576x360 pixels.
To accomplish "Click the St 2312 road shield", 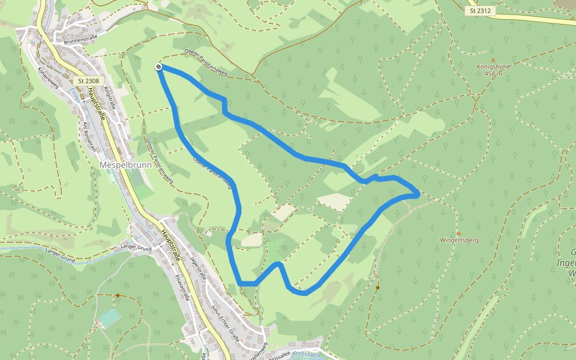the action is [481, 11].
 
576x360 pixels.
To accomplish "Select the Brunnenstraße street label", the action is [76, 39].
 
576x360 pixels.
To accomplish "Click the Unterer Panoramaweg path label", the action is [159, 160].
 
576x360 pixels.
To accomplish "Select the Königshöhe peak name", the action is [493, 67].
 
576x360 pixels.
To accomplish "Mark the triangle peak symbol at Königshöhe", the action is [493, 60].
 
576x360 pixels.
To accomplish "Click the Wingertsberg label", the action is [459, 240].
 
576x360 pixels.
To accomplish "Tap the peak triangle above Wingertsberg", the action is [459, 233].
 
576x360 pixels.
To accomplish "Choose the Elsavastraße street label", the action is [182, 286].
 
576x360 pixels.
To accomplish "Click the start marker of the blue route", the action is [158, 67].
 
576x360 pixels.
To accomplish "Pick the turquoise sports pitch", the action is [110, 316].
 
